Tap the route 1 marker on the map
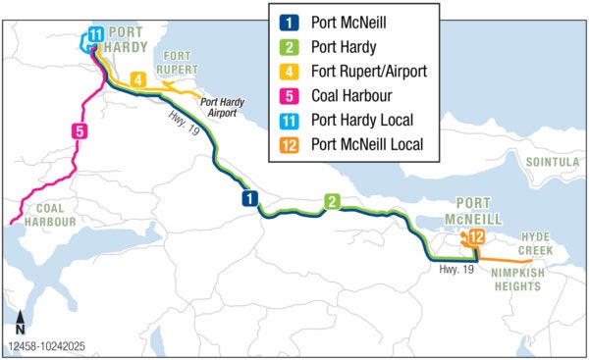pyautogui.click(x=250, y=199)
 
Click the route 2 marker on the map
pyautogui.click(x=333, y=202)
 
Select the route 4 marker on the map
pyautogui.click(x=138, y=78)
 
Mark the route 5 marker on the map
pyautogui.click(x=79, y=130)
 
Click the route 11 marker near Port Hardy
pyautogui.click(x=94, y=35)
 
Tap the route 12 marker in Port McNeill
pyautogui.click(x=476, y=236)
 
